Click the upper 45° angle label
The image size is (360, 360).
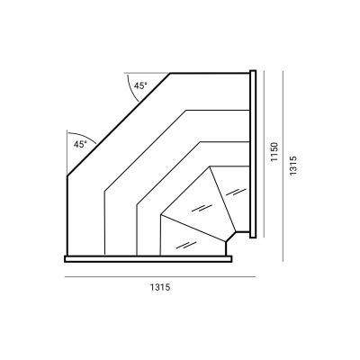click(x=140, y=85)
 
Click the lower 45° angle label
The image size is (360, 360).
click(x=80, y=144)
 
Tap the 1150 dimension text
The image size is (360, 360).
click(x=274, y=152)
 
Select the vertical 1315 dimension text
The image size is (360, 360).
click(x=292, y=165)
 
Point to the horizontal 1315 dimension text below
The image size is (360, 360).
click(x=160, y=287)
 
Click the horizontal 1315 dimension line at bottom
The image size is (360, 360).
click(x=160, y=277)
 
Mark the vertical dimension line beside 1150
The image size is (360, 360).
click(x=264, y=154)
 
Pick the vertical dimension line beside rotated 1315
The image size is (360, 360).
click(x=283, y=166)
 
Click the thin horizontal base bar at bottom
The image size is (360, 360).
click(x=148, y=259)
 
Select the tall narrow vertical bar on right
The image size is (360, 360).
click(x=253, y=154)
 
